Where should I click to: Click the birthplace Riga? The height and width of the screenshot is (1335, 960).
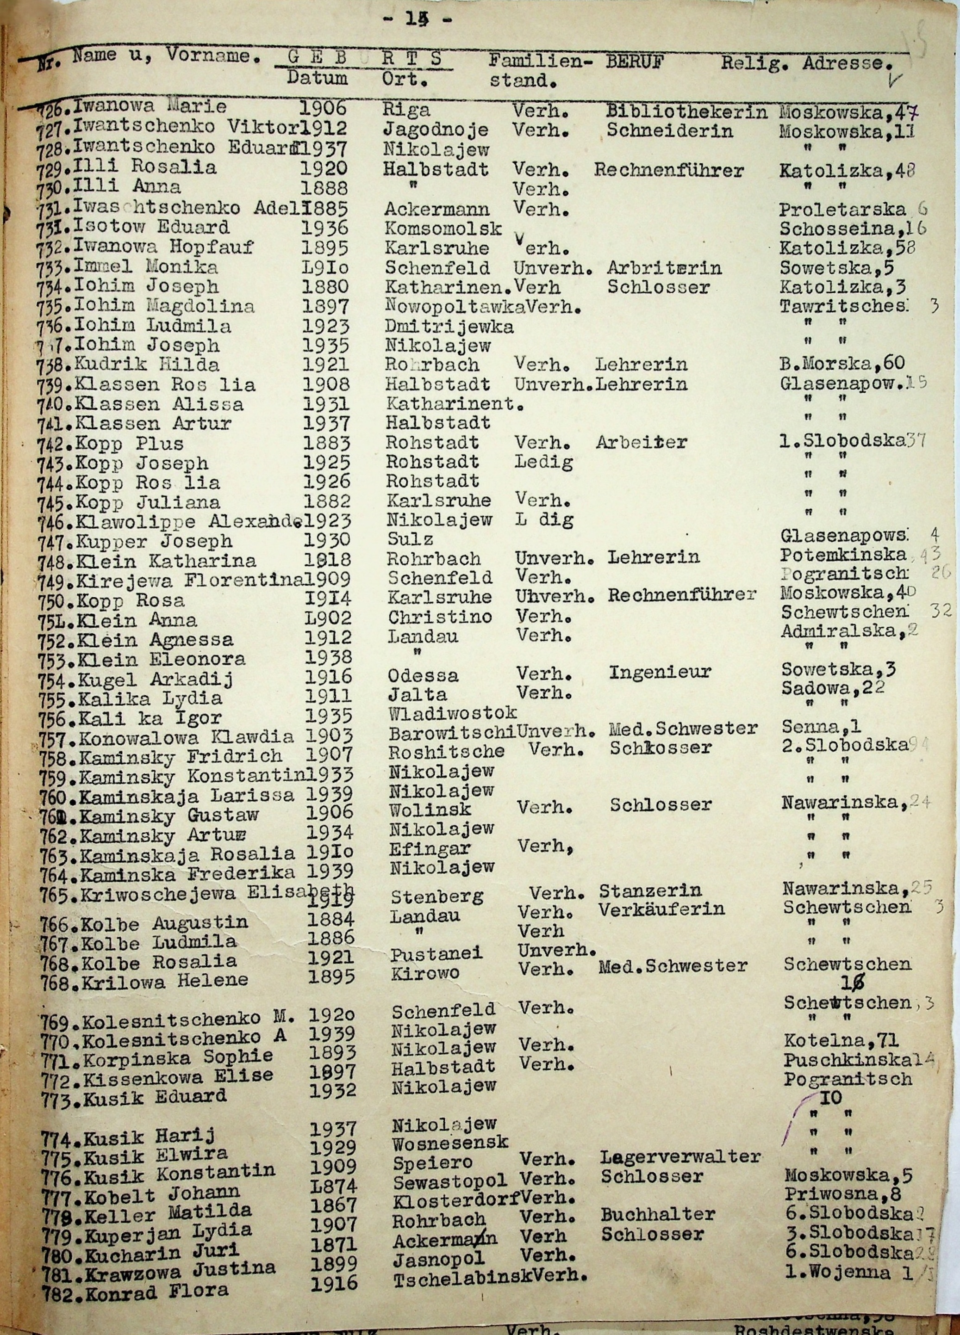pyautogui.click(x=407, y=110)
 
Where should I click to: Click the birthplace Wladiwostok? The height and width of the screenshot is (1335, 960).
pyautogui.click(x=452, y=713)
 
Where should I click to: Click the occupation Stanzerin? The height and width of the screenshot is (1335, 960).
pyautogui.click(x=650, y=891)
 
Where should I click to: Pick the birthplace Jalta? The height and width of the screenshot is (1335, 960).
pyautogui.click(x=418, y=695)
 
